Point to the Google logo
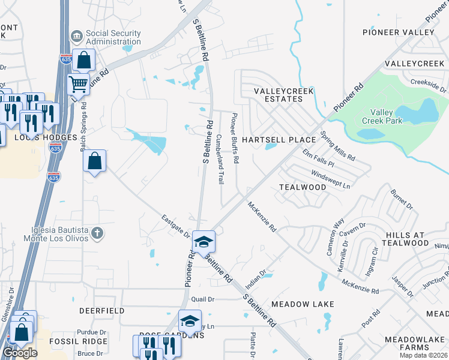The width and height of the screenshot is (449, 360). pos(20,352)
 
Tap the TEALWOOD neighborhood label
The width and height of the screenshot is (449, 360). pos(303,187)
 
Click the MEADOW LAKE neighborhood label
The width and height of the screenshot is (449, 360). pos(303,304)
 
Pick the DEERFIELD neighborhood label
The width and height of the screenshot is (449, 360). pos(102,311)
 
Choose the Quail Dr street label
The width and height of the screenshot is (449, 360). pos(203,299)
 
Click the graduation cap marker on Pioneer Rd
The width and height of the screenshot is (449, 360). pos(203,241)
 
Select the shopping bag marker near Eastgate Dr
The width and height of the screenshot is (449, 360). pos(94,161)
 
